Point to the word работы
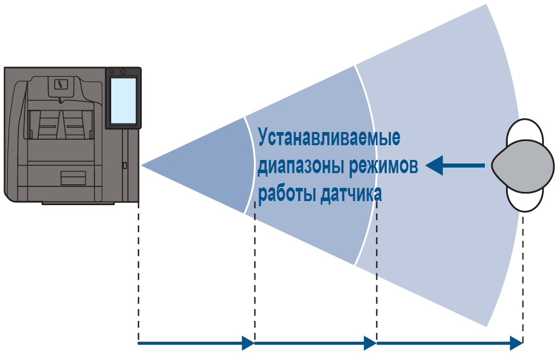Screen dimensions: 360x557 pyautogui.click(x=287, y=195)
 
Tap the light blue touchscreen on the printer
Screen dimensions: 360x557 pyautogui.click(x=123, y=101)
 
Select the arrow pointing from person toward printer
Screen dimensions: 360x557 pyautogui.click(x=454, y=165)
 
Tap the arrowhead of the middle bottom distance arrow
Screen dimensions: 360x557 pyautogui.click(x=370, y=343)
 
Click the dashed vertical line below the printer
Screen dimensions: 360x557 pyautogui.click(x=138, y=269)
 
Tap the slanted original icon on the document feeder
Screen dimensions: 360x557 pyautogui.click(x=60, y=84)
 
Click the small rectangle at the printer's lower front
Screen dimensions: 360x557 pyautogui.click(x=73, y=178)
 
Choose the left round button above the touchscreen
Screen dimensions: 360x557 pyautogui.click(x=112, y=72)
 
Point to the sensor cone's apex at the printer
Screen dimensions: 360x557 pyautogui.click(x=143, y=166)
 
